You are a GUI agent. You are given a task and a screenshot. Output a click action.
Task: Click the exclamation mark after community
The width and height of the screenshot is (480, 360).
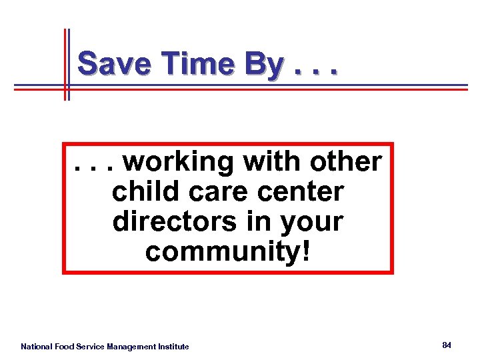[306, 252]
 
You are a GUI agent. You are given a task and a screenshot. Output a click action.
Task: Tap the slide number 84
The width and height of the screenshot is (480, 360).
[447, 345]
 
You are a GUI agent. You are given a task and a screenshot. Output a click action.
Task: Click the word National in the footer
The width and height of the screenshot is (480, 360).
[37, 347]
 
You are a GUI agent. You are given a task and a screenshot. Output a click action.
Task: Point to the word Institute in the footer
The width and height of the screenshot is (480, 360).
[173, 347]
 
